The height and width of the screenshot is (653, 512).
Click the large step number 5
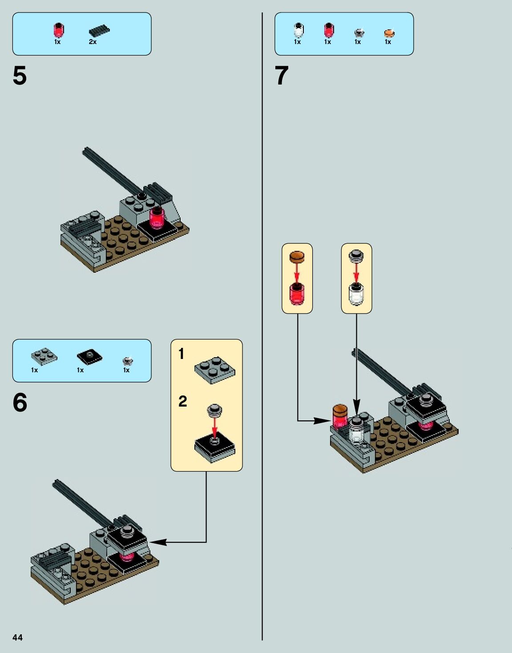point(20,76)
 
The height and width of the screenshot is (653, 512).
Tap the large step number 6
point(20,403)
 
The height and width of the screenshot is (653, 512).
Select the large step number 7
point(282,76)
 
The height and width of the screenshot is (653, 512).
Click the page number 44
point(17,637)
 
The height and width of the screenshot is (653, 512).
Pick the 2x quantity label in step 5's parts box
point(93,42)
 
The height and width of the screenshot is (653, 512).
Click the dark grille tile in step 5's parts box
point(99,30)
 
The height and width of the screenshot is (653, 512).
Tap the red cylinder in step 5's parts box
point(59,30)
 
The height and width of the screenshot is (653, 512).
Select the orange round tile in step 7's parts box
point(389,33)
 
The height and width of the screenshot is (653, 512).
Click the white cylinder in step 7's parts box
point(298,30)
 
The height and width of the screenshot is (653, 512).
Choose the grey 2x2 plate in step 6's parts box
point(44,357)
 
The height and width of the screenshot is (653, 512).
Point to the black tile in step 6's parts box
point(89,357)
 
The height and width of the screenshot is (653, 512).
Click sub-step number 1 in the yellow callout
point(181,354)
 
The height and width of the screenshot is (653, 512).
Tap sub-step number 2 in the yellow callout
point(183,401)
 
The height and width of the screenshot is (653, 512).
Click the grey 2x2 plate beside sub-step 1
point(214,370)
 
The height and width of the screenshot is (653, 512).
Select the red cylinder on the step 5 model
point(157,218)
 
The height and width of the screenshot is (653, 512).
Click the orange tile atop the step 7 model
point(340,409)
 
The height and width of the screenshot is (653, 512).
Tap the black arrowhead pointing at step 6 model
point(158,542)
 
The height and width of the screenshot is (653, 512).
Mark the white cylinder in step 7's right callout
point(356,294)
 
